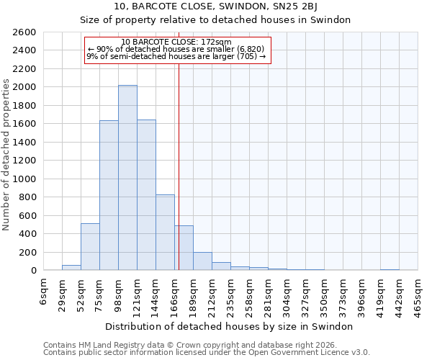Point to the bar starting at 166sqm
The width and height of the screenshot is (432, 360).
pos(184,248)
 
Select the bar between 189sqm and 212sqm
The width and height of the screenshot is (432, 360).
pos(202,261)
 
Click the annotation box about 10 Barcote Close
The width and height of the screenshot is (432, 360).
pos(177,50)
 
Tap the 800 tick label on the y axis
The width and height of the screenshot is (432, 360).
pos(29,197)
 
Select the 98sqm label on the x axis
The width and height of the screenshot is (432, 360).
pos(119,292)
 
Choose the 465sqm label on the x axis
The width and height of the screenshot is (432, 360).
pos(418,292)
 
